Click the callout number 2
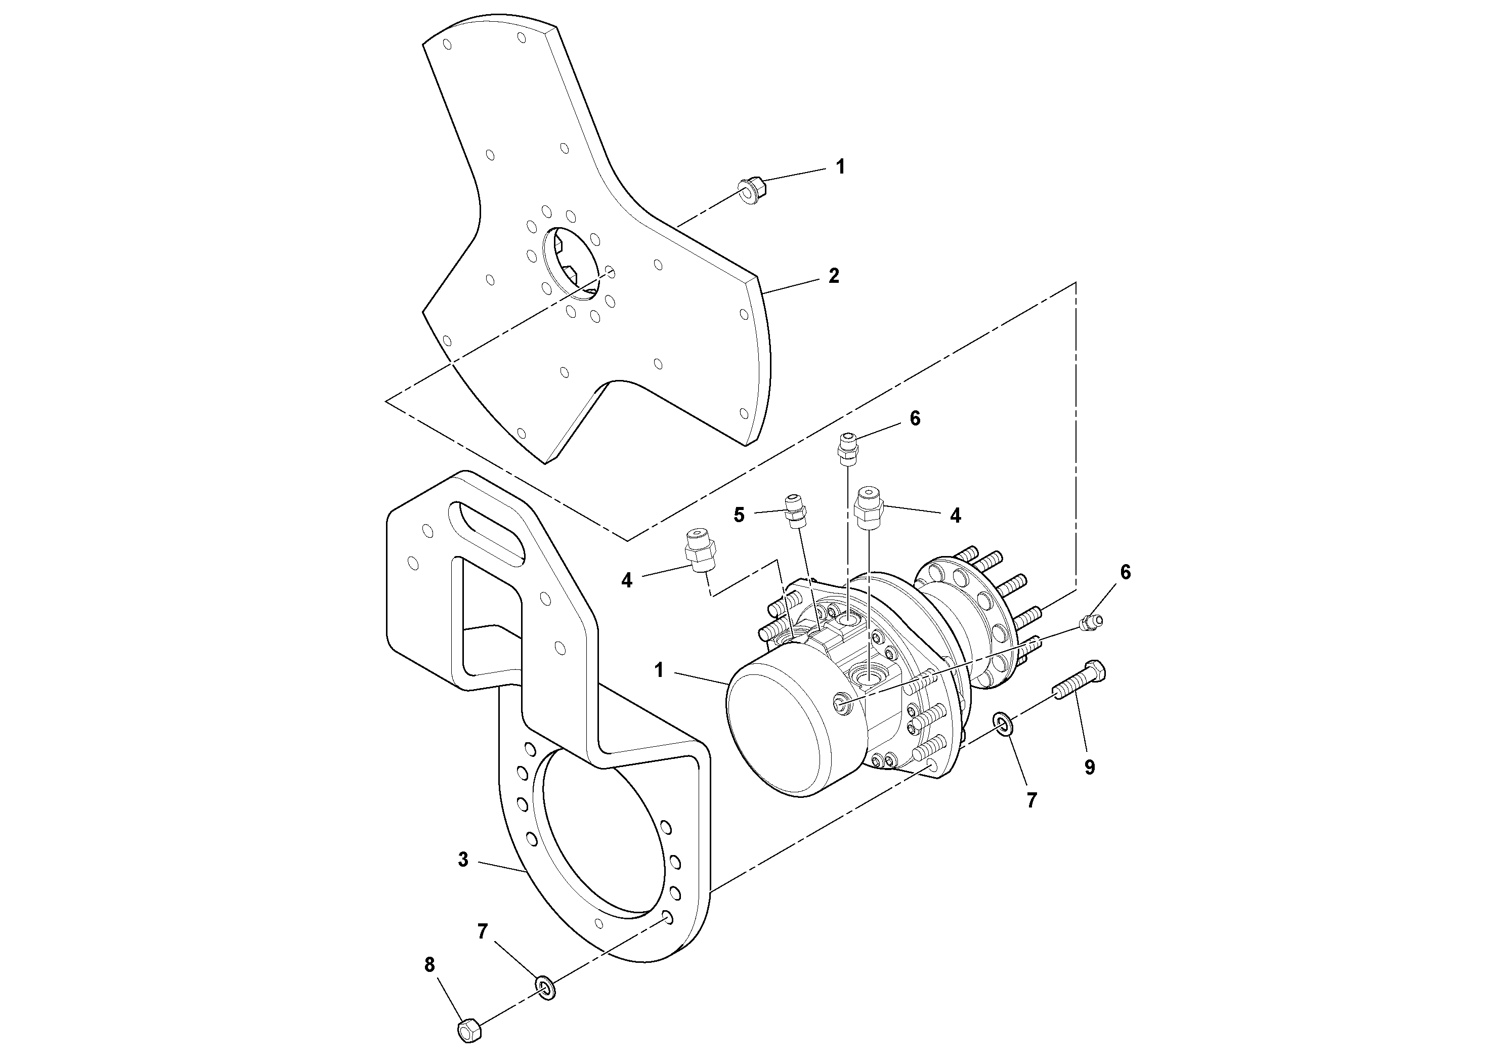pos(833,276)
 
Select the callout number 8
pos(429,965)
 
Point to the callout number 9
pos(1090,768)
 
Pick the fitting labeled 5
pos(795,512)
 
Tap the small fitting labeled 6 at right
pos(1090,624)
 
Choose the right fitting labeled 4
pos(869,508)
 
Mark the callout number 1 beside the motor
pos(659,670)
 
